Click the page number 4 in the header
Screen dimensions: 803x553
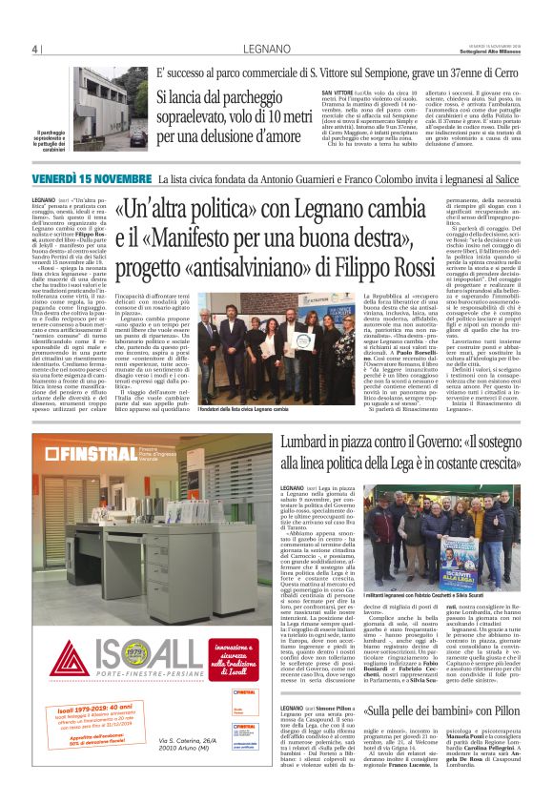point(33,49)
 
